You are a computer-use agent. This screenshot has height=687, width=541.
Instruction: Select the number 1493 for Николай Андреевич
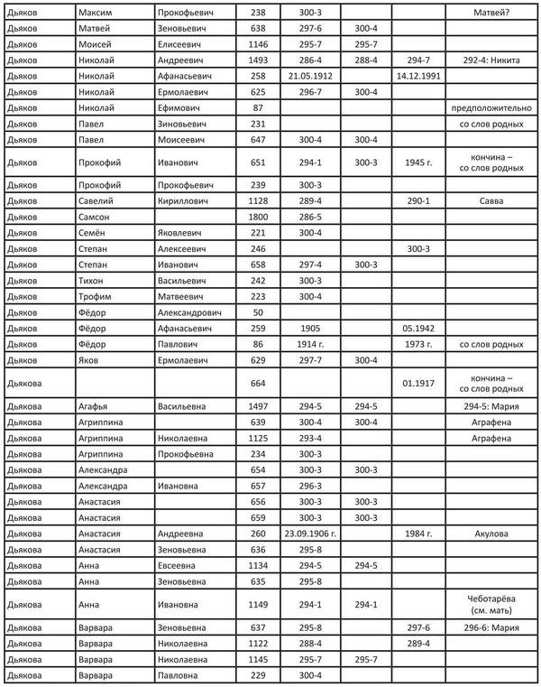(x=259, y=58)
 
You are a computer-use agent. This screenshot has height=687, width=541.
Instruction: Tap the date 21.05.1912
(x=311, y=73)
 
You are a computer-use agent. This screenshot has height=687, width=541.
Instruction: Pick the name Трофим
(x=96, y=295)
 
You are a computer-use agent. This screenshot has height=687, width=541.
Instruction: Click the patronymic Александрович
(x=192, y=311)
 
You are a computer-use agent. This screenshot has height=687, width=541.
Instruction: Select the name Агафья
(x=95, y=407)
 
